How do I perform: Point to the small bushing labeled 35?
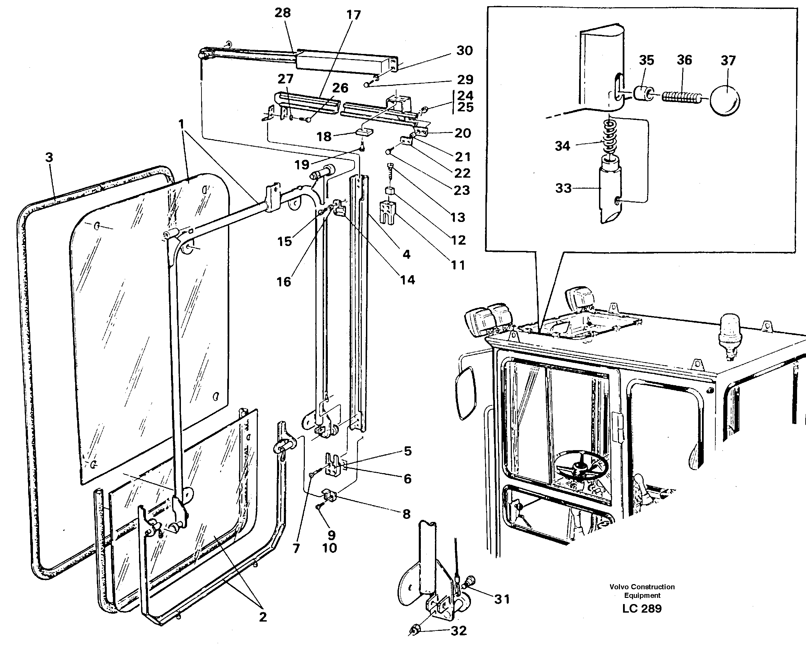[x=643, y=93]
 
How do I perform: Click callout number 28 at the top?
[x=283, y=13]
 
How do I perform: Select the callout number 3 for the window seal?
[x=49, y=157]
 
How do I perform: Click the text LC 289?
[x=642, y=609]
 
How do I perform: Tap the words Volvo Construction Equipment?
[x=642, y=591]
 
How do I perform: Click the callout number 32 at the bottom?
[x=459, y=631]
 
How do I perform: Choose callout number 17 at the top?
[x=353, y=15]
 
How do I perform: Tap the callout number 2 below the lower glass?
[x=263, y=617]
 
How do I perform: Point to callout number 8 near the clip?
[x=407, y=514]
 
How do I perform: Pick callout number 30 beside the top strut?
[x=465, y=51]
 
